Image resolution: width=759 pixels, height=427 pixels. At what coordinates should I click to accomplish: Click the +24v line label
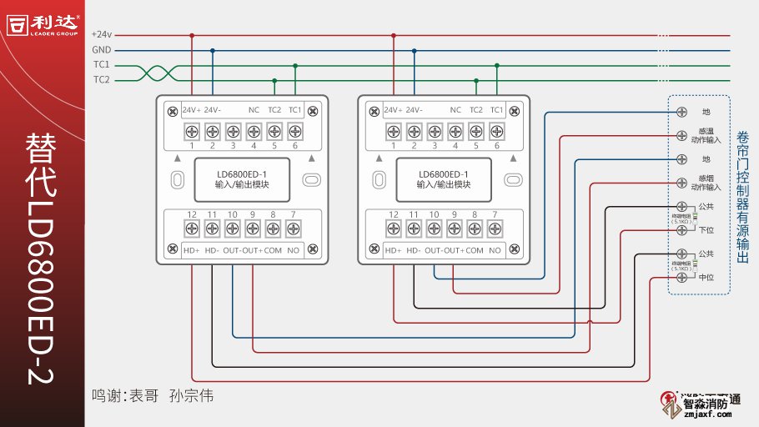101,35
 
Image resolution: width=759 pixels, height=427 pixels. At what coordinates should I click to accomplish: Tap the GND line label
101,50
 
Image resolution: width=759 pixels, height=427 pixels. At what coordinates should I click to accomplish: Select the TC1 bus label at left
101,65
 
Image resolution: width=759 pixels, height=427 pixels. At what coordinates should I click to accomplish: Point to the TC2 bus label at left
101,80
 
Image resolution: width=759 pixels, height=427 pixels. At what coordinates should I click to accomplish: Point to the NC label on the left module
254,110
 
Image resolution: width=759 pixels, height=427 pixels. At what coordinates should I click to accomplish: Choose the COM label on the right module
475,250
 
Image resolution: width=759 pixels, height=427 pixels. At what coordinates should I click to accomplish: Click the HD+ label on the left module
192,250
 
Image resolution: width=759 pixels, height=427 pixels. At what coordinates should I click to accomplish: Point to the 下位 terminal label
706,229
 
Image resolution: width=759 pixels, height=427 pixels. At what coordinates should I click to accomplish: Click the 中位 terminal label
706,277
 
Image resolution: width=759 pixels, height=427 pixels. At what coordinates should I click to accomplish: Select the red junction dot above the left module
192,36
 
